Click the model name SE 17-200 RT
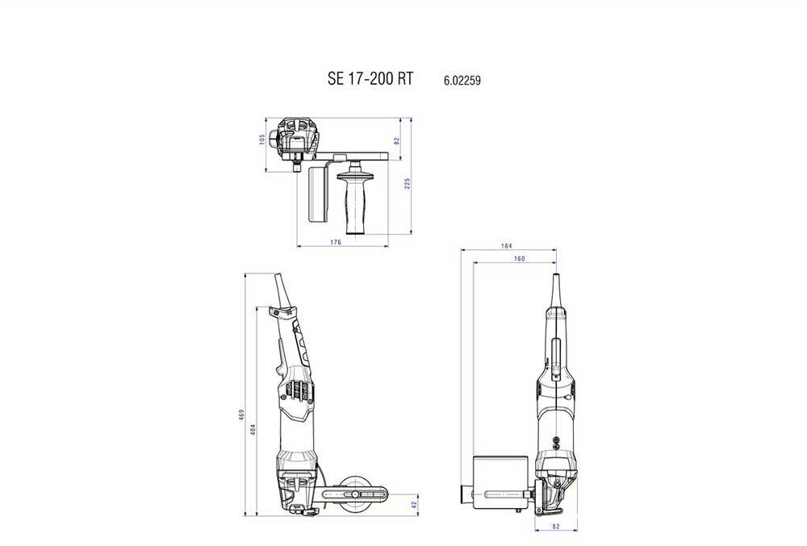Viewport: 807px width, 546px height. [370, 79]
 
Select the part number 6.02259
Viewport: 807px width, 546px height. [462, 81]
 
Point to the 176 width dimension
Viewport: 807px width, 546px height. [336, 241]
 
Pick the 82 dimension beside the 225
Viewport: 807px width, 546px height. [397, 140]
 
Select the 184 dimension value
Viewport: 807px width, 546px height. [507, 246]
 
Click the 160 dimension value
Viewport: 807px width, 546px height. [519, 259]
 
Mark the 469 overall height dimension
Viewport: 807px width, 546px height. [241, 415]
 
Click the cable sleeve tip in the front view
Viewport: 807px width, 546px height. [555, 286]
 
